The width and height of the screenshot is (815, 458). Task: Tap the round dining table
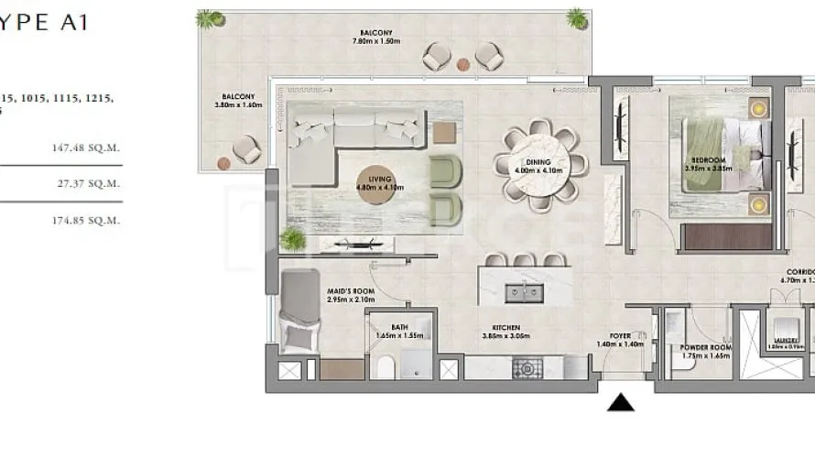[x=538, y=165]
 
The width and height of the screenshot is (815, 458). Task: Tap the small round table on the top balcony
[x=462, y=64]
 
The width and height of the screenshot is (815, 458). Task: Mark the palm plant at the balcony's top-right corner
[x=576, y=18]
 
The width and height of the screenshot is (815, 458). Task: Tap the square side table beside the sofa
[x=444, y=132]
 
